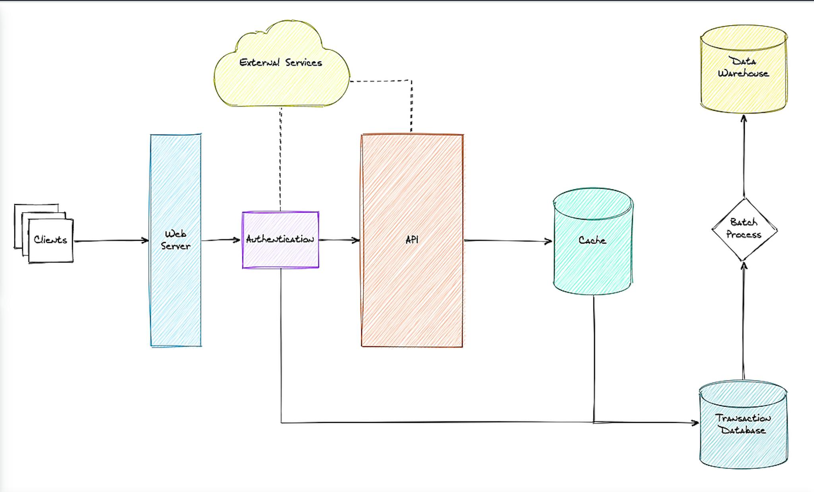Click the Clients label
(x=50, y=240)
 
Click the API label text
(x=412, y=240)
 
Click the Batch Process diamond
(x=744, y=229)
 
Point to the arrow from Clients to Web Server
(x=111, y=241)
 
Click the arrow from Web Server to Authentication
(x=221, y=240)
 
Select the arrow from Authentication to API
(x=339, y=240)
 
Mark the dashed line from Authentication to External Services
(x=280, y=159)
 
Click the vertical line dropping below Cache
(x=594, y=357)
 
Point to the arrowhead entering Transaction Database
(x=695, y=423)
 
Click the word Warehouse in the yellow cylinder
(x=743, y=73)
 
